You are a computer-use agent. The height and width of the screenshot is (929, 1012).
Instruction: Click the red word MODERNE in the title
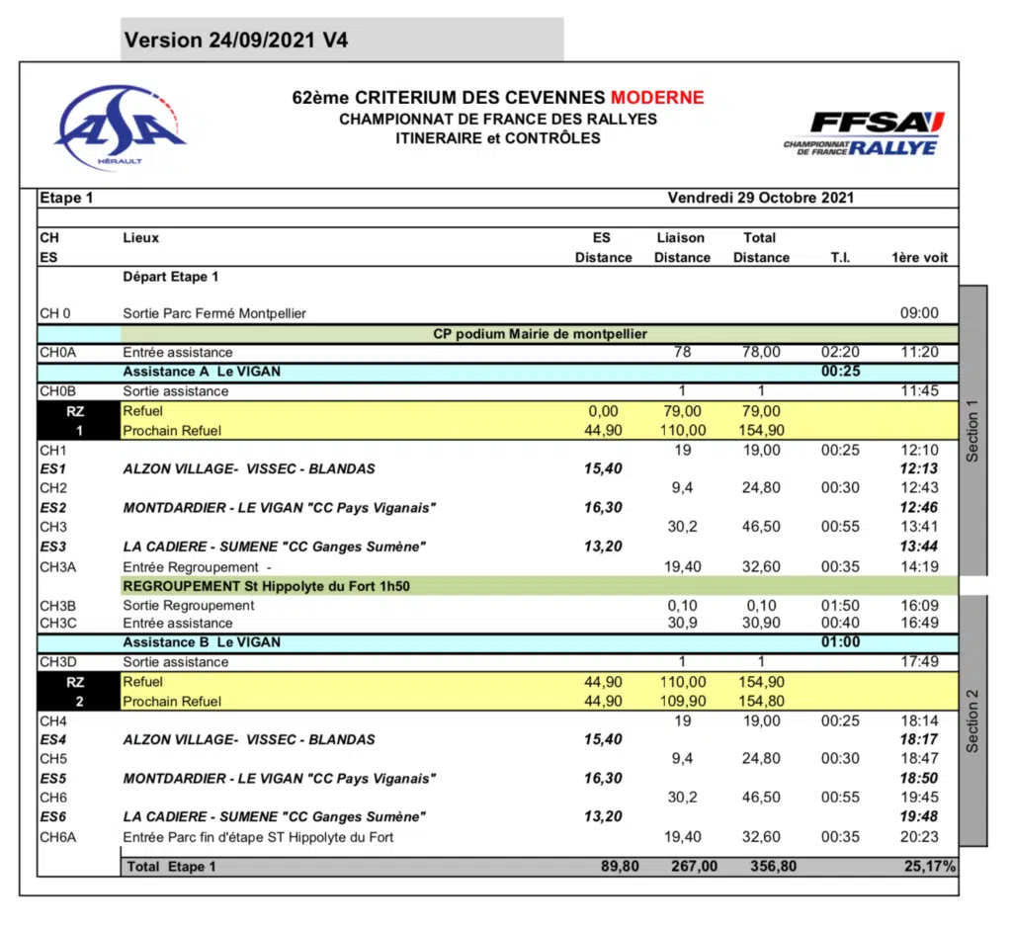tap(657, 98)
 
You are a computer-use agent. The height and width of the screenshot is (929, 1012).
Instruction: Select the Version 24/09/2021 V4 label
tap(236, 41)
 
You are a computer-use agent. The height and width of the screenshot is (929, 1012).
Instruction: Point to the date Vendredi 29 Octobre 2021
tap(761, 198)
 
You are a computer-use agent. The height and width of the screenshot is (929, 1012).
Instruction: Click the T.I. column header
tap(840, 257)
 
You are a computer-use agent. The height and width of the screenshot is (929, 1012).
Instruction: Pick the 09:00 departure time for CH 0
tap(919, 313)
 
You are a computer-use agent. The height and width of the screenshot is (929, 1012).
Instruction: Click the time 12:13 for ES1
tap(919, 468)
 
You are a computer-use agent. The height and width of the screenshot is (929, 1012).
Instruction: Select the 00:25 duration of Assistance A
tap(840, 372)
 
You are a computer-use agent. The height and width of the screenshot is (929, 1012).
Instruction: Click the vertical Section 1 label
tap(972, 431)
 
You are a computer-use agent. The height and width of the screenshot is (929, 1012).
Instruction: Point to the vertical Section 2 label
tap(972, 720)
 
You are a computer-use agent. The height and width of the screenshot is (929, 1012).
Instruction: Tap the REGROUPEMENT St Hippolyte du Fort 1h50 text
tap(267, 585)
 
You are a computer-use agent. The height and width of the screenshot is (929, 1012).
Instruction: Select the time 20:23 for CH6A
tap(919, 837)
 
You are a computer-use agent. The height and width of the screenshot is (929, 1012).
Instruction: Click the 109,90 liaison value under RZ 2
tap(682, 702)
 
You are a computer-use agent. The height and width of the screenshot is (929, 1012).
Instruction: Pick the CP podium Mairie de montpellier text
tap(540, 334)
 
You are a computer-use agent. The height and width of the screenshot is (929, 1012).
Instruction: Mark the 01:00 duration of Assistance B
tap(840, 642)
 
